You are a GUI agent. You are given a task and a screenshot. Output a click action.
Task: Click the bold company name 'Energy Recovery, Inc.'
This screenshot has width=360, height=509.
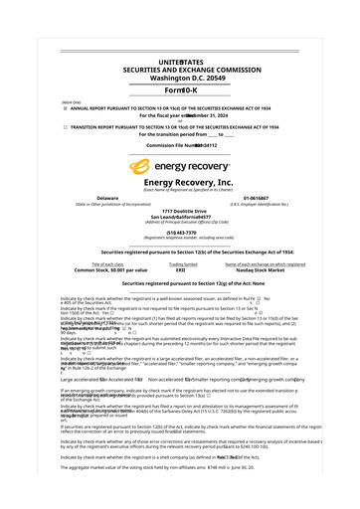180,183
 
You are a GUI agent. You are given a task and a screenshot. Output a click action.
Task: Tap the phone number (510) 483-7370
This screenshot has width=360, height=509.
180,233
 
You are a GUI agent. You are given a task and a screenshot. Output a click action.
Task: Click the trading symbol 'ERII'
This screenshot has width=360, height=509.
181,269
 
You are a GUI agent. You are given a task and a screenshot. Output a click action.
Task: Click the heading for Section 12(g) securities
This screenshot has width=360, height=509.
180,283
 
